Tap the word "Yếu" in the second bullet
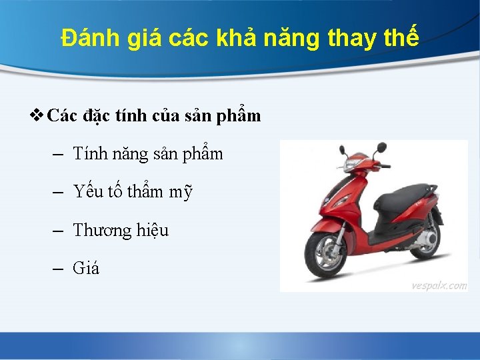[x=88, y=192]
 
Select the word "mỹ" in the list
[x=180, y=193]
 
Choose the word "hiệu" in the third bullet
[x=153, y=231]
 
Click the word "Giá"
[x=85, y=269]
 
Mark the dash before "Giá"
[x=57, y=269]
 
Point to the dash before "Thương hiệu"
[x=57, y=231]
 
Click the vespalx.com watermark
[x=439, y=285]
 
